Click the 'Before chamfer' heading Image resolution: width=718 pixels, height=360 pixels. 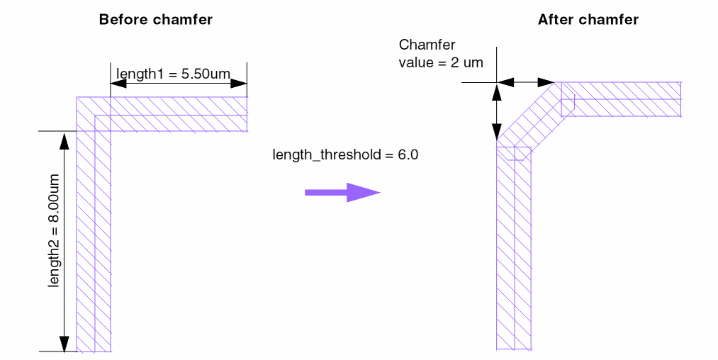[x=155, y=20]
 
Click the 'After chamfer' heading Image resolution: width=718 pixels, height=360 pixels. [x=588, y=20]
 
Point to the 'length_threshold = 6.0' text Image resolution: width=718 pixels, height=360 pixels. [x=345, y=154]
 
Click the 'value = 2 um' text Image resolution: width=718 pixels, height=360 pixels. [x=440, y=62]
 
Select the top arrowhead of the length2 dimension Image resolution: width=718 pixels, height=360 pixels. [x=64, y=140]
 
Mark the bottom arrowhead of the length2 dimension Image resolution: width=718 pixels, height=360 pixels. [x=64, y=343]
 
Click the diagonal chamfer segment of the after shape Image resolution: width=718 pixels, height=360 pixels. [x=528, y=116]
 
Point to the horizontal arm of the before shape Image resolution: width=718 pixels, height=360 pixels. [x=177, y=113]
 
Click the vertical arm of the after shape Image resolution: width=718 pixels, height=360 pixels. [x=513, y=248]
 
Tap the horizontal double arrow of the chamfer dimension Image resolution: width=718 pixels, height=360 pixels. [x=525, y=83]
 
